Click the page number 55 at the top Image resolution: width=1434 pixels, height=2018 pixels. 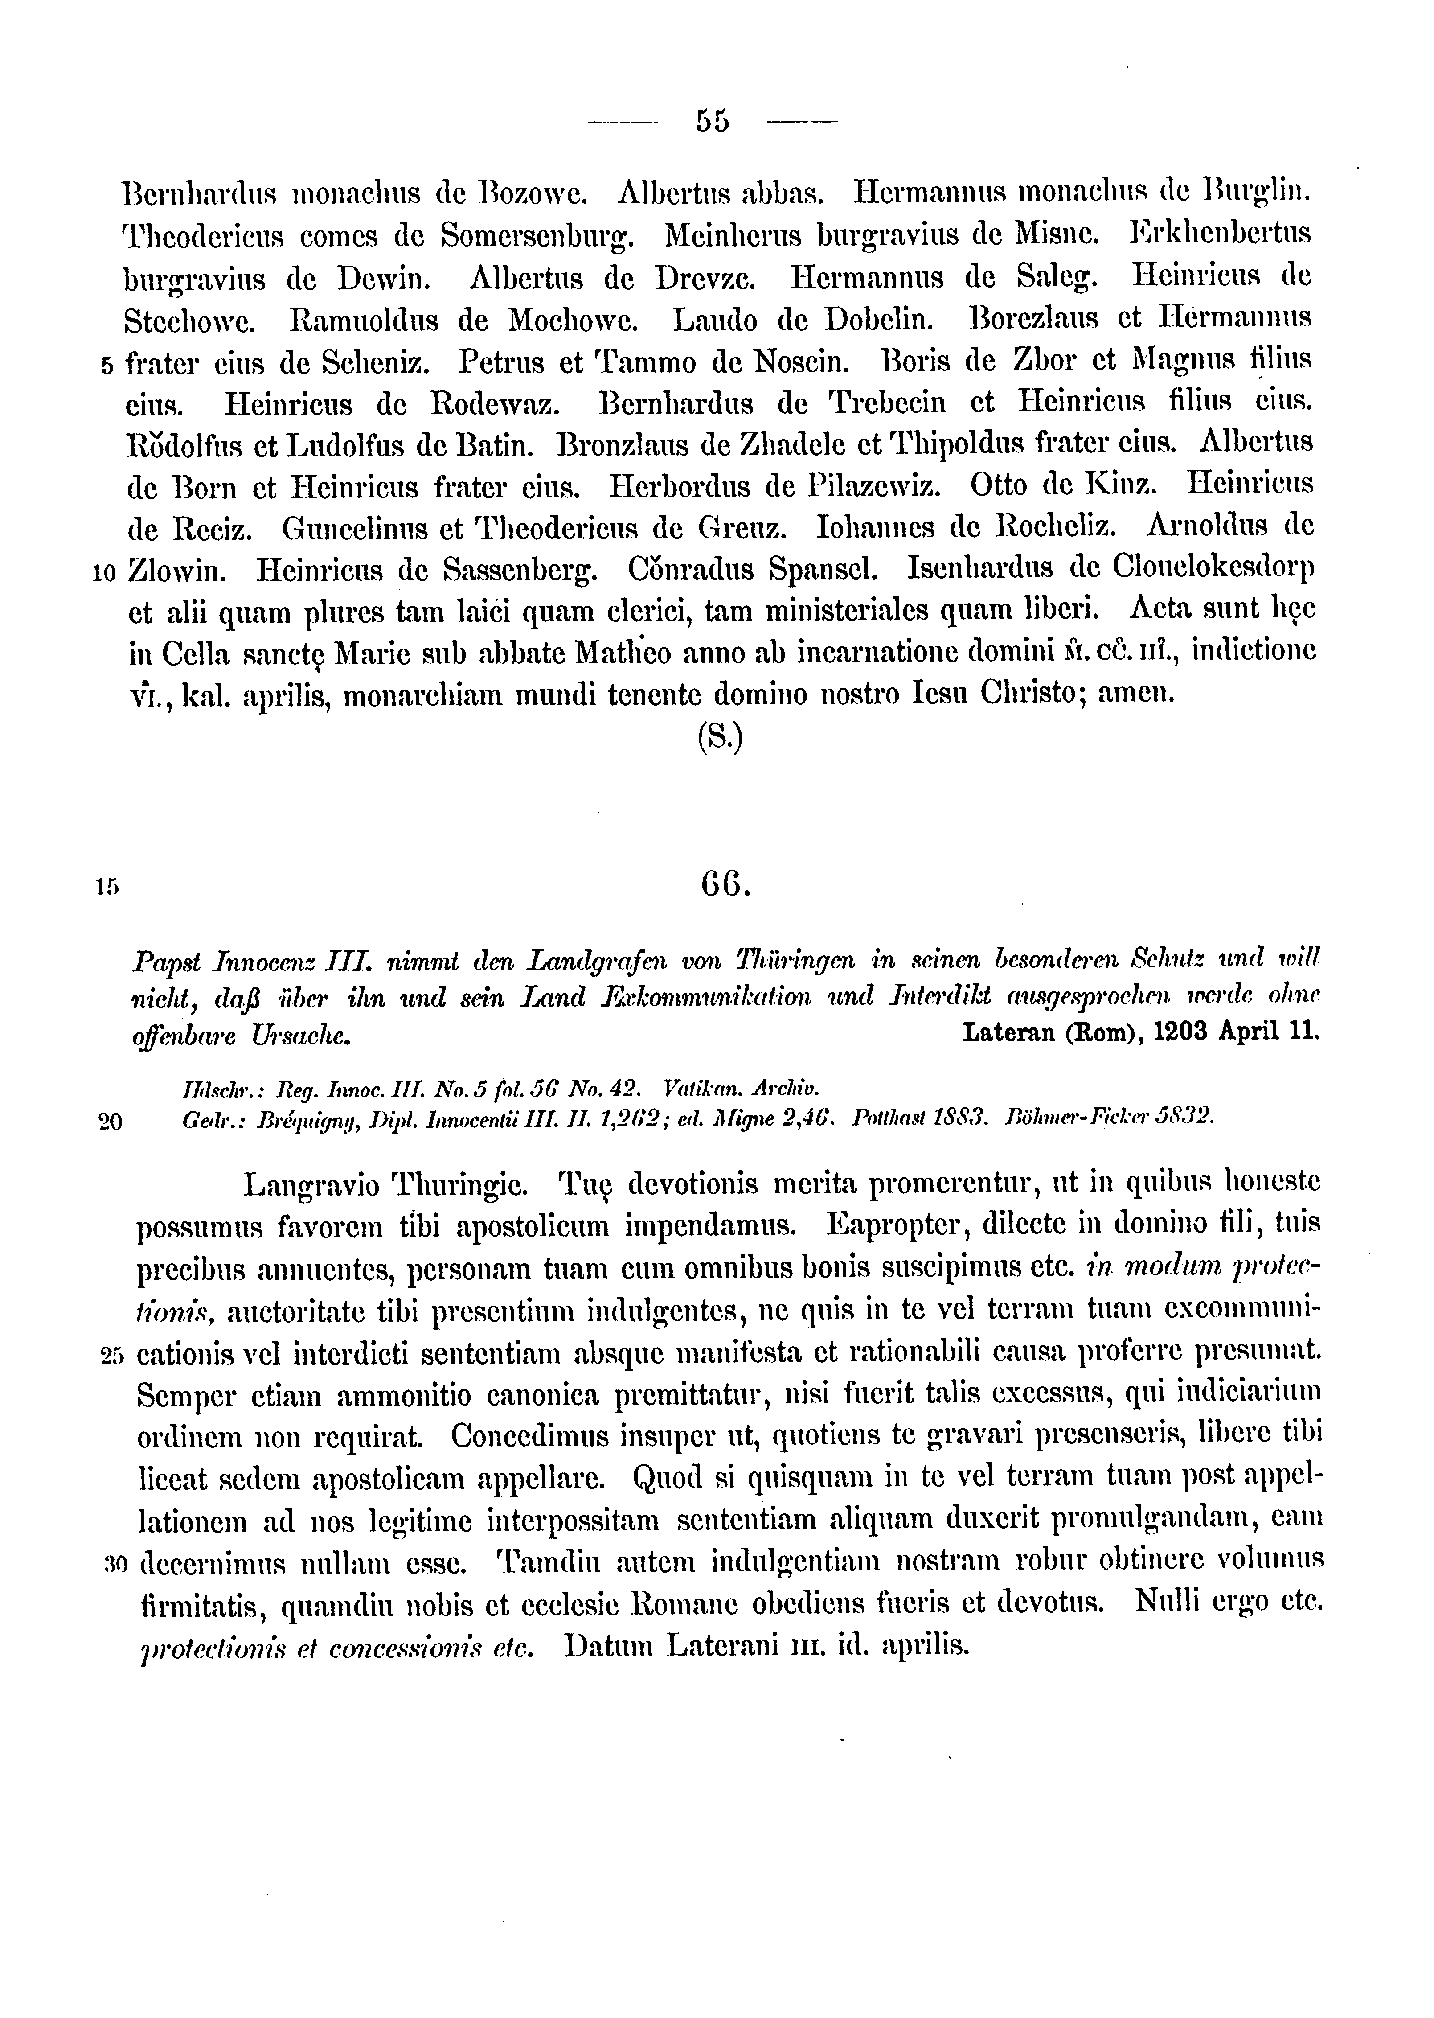712,120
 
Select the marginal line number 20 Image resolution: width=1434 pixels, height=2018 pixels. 111,1122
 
